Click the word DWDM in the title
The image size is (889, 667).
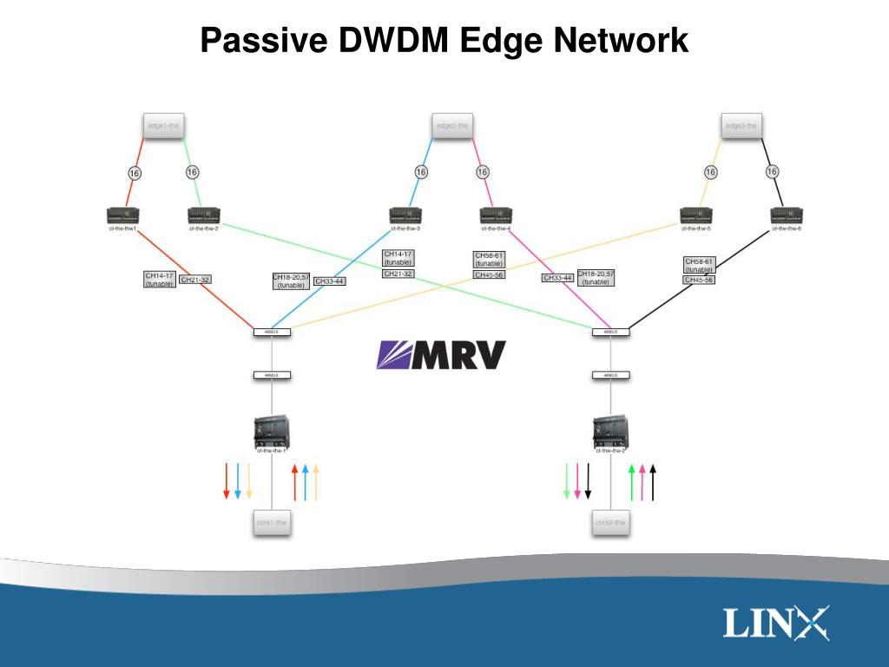382,41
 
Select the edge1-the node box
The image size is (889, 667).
162,126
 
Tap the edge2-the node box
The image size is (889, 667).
452,126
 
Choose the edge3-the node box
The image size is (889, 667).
741,126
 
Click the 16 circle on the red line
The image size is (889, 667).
135,173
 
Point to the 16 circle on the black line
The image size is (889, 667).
772,172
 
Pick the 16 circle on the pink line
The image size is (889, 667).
482,172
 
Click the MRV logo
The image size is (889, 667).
440,354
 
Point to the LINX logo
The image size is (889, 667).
776,624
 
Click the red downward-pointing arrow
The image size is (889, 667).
226,481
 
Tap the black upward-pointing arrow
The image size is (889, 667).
653,482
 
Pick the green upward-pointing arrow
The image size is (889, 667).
631,482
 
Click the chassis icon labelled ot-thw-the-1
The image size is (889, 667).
272,431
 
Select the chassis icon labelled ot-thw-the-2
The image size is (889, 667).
610,431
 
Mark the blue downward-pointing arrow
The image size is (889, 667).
237,481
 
